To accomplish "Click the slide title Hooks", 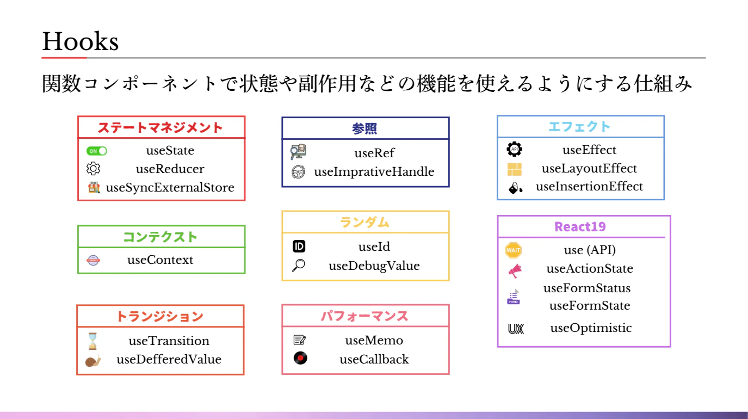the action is click(80, 41).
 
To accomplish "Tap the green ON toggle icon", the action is click(96, 151).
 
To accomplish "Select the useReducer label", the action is click(170, 169).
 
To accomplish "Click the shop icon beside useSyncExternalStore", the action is click(94, 187).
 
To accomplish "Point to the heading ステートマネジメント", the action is click(160, 128).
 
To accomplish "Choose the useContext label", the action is click(160, 260).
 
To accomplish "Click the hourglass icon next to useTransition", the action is click(92, 341).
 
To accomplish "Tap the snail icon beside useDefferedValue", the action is click(93, 360).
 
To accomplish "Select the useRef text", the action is click(374, 153).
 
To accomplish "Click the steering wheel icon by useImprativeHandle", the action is click(298, 172).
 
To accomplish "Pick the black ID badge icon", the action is click(299, 247).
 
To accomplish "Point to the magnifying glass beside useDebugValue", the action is click(299, 266).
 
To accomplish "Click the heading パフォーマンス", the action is click(364, 316).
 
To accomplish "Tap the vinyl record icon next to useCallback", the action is click(300, 358).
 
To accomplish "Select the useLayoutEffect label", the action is click(589, 169).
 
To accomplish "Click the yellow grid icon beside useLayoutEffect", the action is click(514, 169).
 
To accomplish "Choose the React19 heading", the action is click(580, 227).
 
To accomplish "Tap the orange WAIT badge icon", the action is click(513, 250).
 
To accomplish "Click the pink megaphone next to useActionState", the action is click(515, 270).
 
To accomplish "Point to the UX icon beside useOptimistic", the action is click(516, 329).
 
